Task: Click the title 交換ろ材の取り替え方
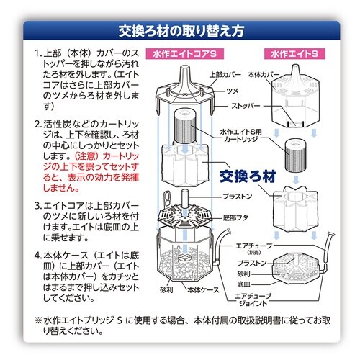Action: point(180,31)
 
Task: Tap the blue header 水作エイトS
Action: point(296,53)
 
